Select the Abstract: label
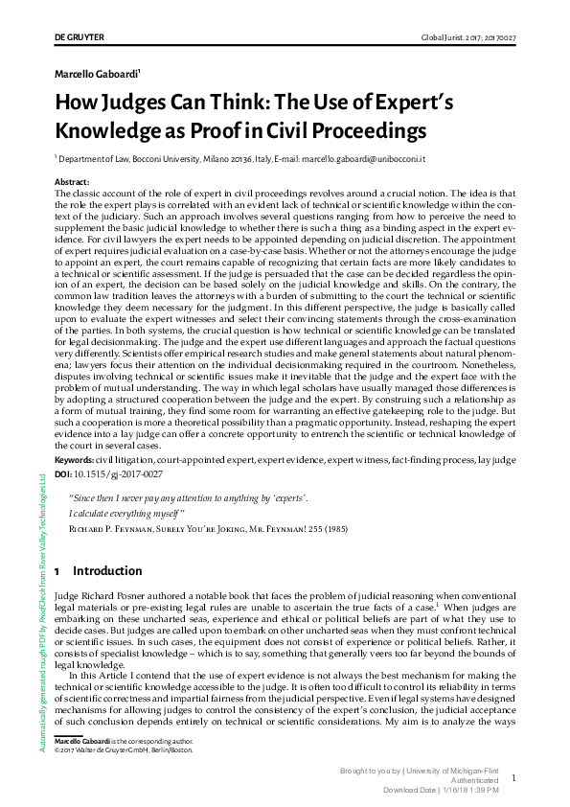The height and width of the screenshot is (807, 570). (73, 181)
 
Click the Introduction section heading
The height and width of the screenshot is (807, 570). (107, 572)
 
